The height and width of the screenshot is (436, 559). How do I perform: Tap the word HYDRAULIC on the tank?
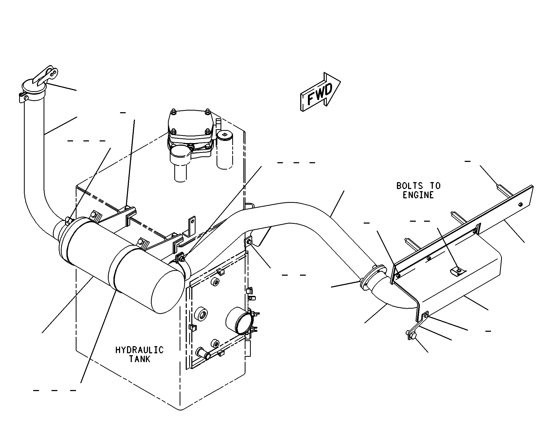click(x=139, y=350)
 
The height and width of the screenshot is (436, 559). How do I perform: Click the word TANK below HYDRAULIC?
click(x=140, y=359)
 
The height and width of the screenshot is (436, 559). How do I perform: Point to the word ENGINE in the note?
click(x=418, y=195)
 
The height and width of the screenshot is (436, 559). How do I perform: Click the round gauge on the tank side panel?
click(x=239, y=321)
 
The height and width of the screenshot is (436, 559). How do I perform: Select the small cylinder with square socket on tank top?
click(x=225, y=150)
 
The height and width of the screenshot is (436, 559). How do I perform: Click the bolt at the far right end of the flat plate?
click(x=520, y=204)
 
